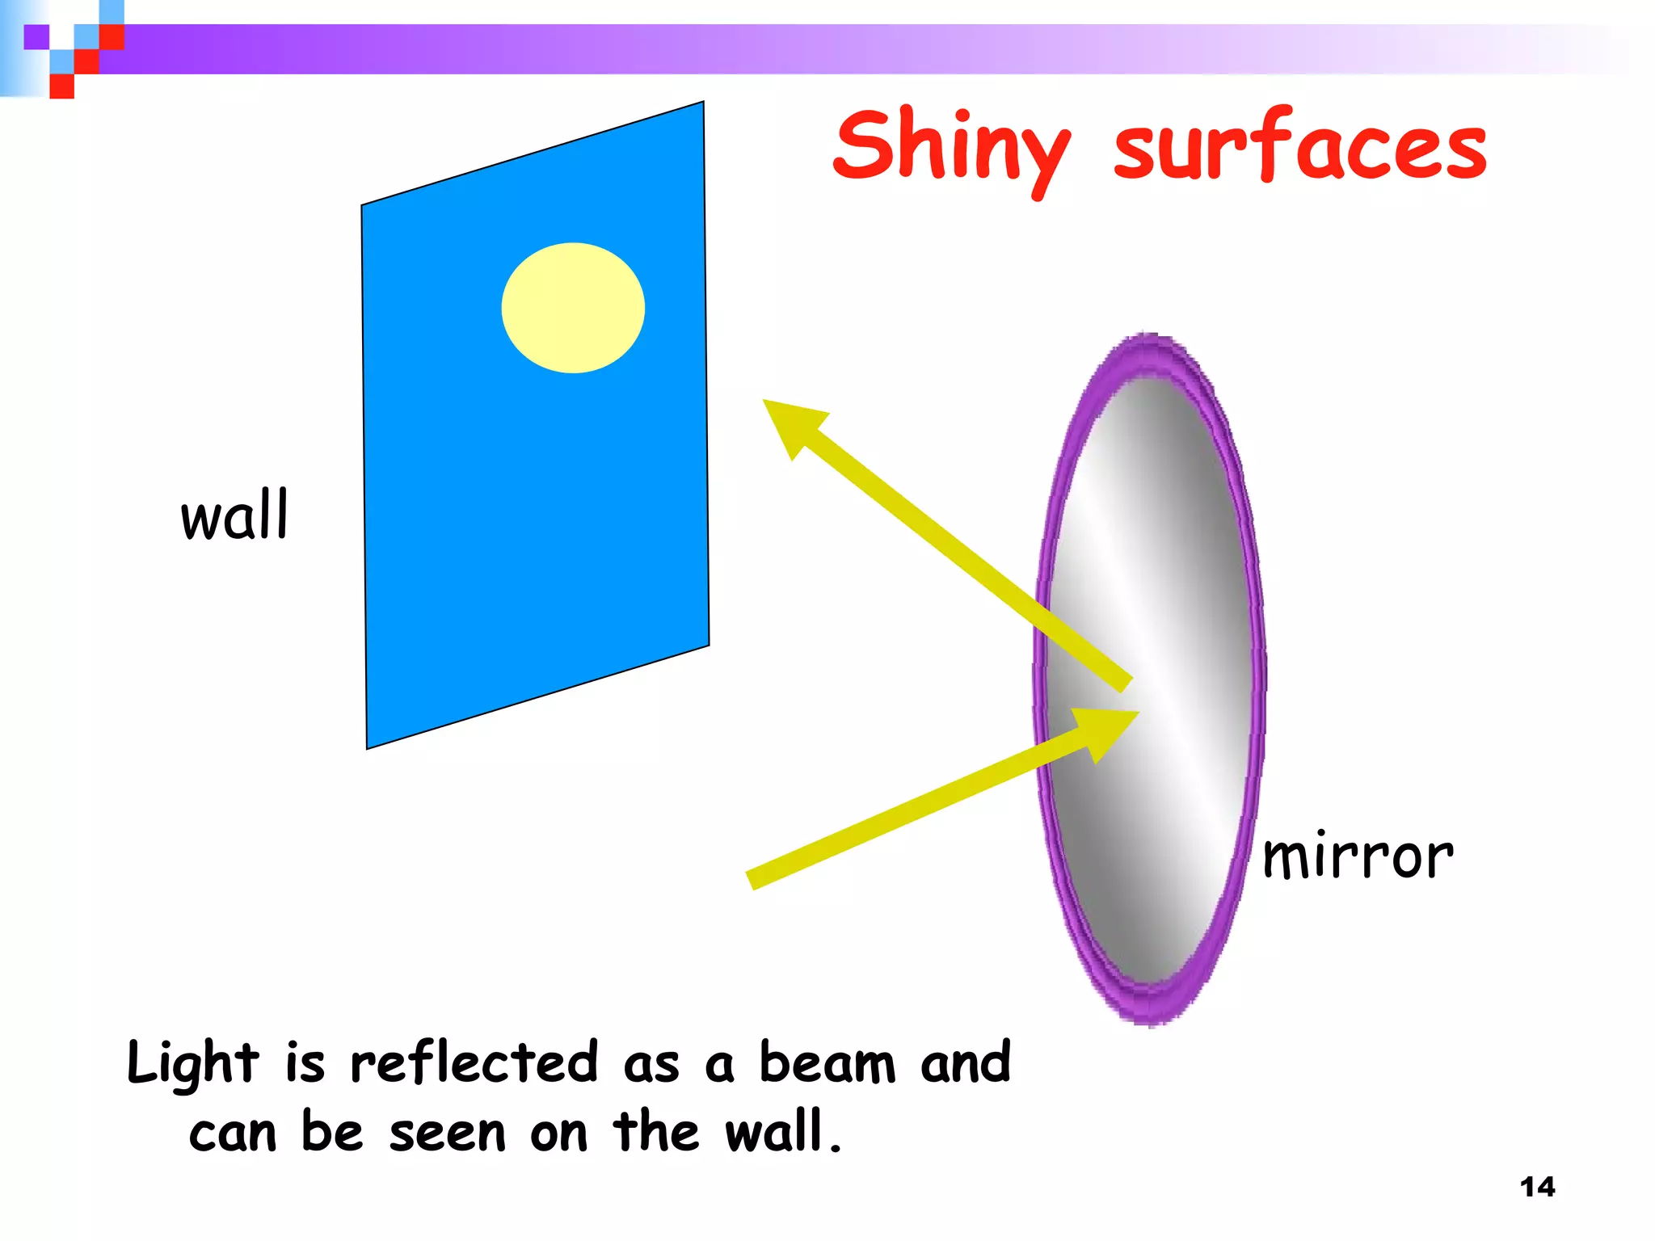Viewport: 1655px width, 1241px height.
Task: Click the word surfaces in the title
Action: [x=1299, y=148]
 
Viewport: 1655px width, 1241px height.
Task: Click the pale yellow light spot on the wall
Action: [x=573, y=308]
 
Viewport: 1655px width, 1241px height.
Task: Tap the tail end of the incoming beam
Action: [x=752, y=880]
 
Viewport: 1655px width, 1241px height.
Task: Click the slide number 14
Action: [x=1537, y=1187]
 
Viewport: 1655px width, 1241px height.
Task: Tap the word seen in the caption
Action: [x=447, y=1134]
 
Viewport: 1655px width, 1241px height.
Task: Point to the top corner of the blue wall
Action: [x=703, y=103]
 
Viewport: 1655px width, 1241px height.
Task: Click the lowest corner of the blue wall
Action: [x=368, y=748]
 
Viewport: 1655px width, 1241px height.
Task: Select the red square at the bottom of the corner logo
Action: [x=61, y=86]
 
